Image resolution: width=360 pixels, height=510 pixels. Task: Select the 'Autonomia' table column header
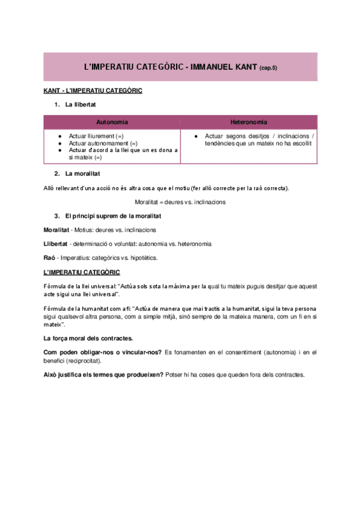point(112,122)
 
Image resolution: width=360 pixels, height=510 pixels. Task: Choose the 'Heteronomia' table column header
point(248,122)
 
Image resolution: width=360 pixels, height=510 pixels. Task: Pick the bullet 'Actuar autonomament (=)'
point(103,144)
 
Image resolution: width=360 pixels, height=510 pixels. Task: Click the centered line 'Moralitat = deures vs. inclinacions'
point(180,202)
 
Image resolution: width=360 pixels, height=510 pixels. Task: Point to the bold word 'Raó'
point(49,257)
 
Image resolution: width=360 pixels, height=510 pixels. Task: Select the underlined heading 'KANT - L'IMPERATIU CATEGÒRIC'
point(93,91)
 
